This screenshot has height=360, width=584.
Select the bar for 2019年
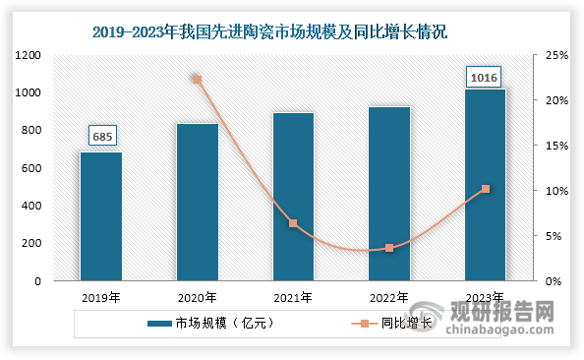[101, 216]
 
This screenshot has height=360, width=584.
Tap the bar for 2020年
[197, 202]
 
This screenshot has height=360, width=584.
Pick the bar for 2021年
[293, 197]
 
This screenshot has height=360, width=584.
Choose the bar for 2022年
[389, 194]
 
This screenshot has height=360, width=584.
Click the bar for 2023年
[485, 185]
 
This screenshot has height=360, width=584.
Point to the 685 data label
[101, 136]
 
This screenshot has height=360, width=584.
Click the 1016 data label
[485, 75]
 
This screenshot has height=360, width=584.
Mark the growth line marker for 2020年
[197, 80]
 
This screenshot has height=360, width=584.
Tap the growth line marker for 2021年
[293, 223]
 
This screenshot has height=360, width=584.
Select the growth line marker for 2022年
[389, 248]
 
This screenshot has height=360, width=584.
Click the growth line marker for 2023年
[485, 189]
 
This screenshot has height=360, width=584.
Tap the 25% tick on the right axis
[556, 55]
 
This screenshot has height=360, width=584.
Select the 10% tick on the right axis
[556, 191]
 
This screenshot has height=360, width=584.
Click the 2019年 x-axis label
[101, 296]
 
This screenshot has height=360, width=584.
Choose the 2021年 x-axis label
[293, 296]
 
